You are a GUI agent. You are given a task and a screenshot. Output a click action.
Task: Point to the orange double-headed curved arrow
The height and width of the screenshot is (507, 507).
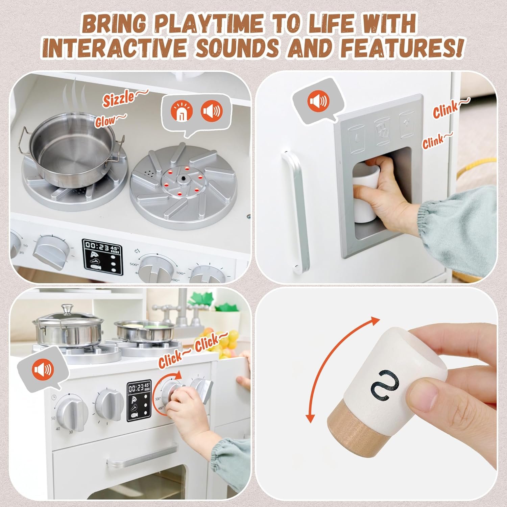341,368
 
